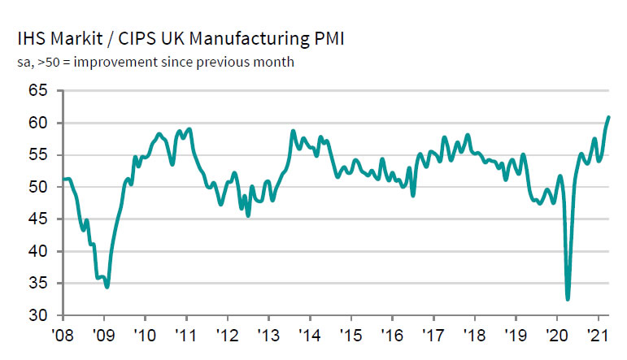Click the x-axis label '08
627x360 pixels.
click(x=63, y=335)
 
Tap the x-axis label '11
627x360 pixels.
click(x=186, y=335)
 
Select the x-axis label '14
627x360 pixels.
click(x=310, y=335)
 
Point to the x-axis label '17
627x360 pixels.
click(x=433, y=335)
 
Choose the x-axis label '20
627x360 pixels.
click(x=557, y=335)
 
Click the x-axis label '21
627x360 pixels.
click(x=599, y=335)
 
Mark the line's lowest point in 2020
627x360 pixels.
click(x=568, y=299)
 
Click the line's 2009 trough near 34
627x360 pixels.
click(x=107, y=287)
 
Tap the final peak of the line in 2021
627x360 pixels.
click(x=609, y=117)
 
